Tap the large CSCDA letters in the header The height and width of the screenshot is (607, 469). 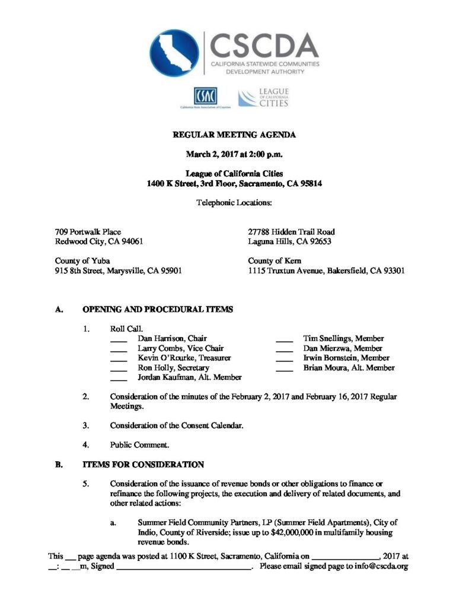tap(264, 45)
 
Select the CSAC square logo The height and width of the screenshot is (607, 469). tap(205, 95)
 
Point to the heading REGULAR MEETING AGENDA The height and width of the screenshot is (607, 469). tap(234, 135)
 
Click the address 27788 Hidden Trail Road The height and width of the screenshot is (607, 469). tap(291, 232)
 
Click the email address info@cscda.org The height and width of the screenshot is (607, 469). tap(380, 567)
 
